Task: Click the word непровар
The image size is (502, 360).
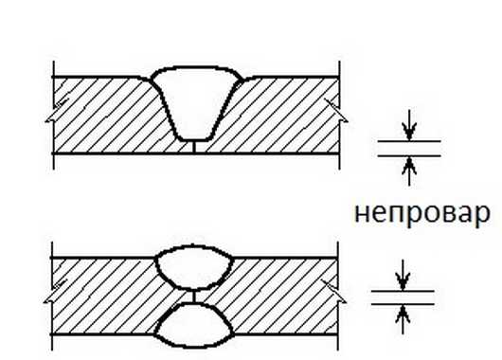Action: [x=422, y=213]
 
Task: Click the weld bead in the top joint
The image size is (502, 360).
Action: [x=196, y=102]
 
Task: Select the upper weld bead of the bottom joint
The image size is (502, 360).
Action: [x=194, y=268]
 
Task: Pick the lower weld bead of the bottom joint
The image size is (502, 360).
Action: [x=194, y=325]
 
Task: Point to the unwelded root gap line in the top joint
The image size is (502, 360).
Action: [x=194, y=147]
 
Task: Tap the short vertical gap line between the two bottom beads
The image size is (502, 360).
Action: [x=193, y=297]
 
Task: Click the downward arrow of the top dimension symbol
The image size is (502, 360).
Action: [x=409, y=125]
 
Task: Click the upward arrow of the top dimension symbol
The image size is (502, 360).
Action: [x=409, y=171]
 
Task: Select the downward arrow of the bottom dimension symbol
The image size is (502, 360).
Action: [x=403, y=276]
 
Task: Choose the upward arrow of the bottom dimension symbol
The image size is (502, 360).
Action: [x=403, y=319]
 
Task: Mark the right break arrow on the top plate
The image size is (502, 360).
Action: [x=336, y=110]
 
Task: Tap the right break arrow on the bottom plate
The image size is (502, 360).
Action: [x=334, y=291]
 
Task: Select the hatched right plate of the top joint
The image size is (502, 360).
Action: [x=281, y=116]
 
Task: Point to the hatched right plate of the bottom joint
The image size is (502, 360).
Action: [x=281, y=297]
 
